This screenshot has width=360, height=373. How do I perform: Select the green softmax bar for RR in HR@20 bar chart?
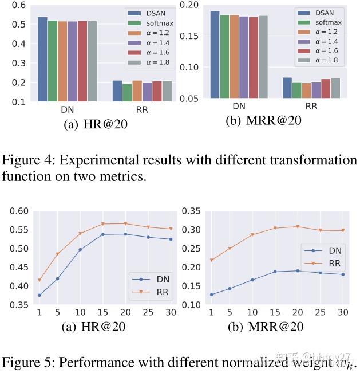(x=127, y=92)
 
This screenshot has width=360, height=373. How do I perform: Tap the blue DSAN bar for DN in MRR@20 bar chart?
(x=215, y=54)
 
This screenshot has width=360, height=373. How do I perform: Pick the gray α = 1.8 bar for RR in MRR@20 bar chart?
(x=335, y=88)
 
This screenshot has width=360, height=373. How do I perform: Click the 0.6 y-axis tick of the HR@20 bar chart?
(x=18, y=5)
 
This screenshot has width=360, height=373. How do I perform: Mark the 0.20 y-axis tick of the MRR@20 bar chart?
(x=189, y=5)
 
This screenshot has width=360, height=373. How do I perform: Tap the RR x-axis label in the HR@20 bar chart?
(x=141, y=109)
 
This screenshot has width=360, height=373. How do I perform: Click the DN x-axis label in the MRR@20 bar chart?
(x=239, y=106)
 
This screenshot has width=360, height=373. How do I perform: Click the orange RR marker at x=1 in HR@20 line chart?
(x=39, y=280)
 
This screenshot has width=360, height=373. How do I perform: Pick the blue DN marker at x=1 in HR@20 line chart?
(x=39, y=295)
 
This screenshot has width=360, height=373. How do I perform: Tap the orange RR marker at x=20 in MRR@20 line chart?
(x=297, y=227)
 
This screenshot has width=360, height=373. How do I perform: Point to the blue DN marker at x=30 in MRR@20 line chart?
(x=343, y=274)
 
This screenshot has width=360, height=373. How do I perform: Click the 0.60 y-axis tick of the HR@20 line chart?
(x=18, y=211)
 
